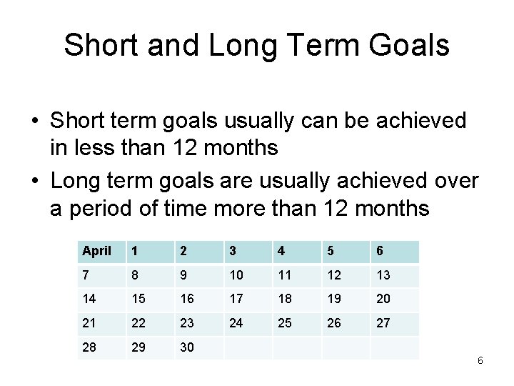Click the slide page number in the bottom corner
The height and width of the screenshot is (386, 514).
(480, 360)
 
